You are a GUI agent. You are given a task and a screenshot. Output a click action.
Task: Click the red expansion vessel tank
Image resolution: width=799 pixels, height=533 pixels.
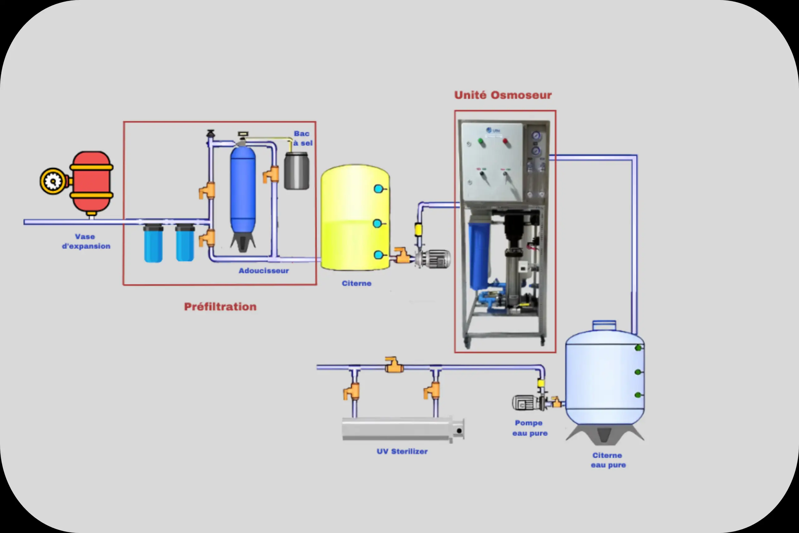pos(91,181)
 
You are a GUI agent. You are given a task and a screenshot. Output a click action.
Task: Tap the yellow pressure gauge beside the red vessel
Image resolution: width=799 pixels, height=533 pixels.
pos(53,181)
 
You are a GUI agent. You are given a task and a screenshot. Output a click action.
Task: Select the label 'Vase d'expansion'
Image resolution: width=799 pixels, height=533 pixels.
pos(86,241)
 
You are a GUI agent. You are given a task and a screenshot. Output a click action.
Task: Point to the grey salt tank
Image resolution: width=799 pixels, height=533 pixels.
pos(297,171)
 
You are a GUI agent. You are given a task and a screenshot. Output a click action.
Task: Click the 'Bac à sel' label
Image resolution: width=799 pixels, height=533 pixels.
pos(302,138)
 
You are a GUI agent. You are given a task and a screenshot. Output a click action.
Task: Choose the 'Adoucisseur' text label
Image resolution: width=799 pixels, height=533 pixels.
pos(264,271)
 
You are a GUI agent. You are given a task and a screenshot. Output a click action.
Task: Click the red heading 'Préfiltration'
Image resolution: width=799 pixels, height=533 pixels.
pos(220,307)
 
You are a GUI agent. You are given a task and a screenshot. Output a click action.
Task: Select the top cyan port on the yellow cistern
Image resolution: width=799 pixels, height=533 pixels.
pos(378,189)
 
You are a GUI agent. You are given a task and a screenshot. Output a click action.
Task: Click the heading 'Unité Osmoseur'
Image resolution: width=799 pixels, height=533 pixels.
pos(503,95)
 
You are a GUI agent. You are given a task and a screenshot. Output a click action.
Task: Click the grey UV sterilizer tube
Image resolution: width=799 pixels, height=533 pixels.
pos(401,429)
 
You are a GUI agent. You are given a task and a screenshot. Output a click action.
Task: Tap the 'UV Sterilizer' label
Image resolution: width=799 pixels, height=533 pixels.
pos(402,452)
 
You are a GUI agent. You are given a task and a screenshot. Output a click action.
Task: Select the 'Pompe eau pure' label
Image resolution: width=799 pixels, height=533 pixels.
pos(530,428)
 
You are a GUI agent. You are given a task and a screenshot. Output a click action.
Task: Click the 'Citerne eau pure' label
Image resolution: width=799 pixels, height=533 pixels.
pos(608,460)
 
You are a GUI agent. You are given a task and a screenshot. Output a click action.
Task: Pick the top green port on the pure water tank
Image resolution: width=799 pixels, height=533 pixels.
pos(638,348)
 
